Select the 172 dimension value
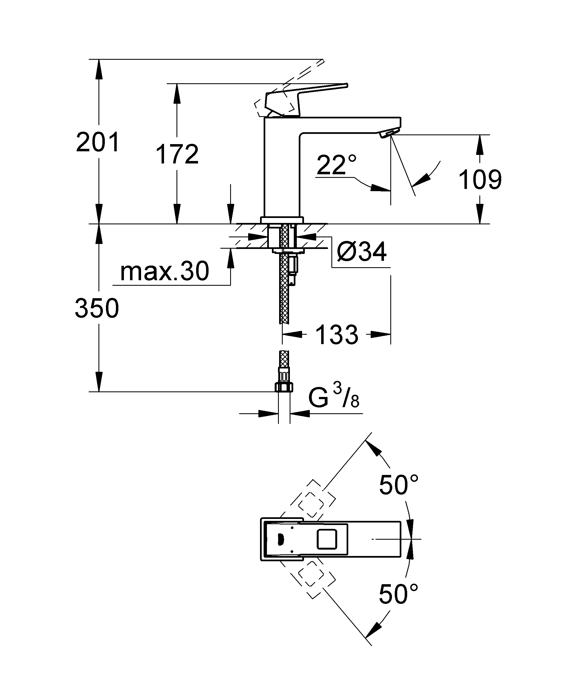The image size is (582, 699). tap(177, 154)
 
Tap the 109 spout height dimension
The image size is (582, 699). tap(480, 180)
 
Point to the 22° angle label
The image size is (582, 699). tap(336, 165)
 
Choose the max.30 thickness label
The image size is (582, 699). tap(165, 271)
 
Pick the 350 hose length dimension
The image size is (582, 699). tap(97, 308)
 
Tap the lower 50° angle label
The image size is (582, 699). tap(399, 594)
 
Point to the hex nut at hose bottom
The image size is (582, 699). tap(284, 387)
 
